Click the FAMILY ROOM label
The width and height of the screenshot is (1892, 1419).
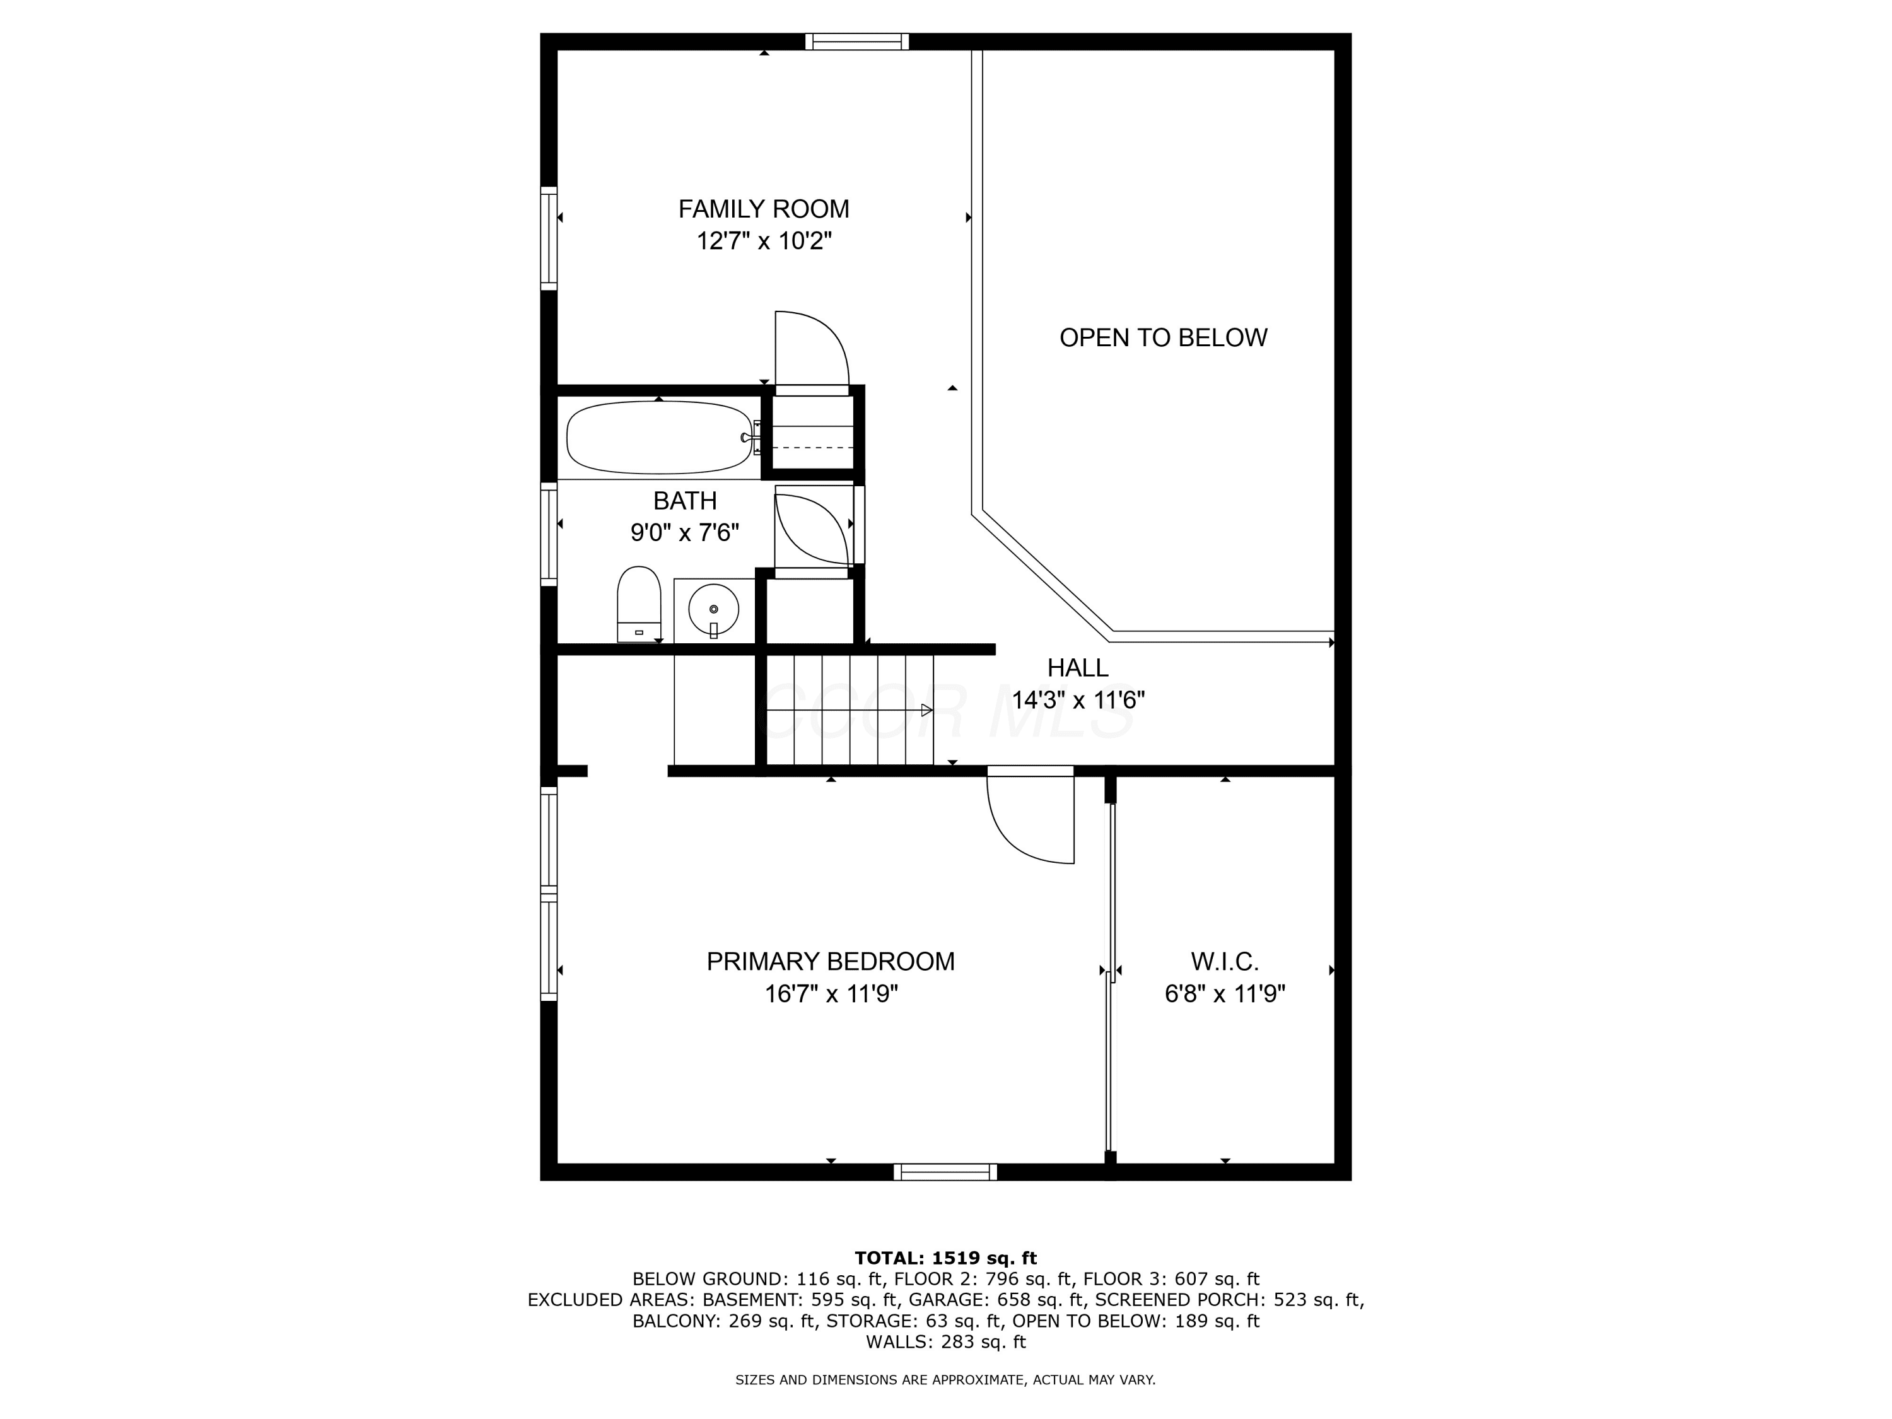pos(764,209)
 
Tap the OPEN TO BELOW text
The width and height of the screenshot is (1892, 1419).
pos(1163,338)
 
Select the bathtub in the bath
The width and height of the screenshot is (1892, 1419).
pos(660,437)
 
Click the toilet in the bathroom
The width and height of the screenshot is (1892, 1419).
pos(639,603)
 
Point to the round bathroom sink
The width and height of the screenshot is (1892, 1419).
pos(713,609)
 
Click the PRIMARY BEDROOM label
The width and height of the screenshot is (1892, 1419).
pos(831,961)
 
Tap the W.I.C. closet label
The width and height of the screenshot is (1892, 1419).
pos(1225,961)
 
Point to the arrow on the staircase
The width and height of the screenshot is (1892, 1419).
pos(926,710)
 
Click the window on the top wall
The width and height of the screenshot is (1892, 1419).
pos(857,42)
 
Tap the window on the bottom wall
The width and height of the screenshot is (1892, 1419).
pos(946,1172)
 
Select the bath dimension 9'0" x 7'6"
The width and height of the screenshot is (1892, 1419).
pos(685,533)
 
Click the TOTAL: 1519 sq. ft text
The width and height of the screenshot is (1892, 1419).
pos(945,1258)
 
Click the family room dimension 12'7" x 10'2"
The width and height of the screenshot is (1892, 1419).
pos(764,241)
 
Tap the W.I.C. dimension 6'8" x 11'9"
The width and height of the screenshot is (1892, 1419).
pos(1225,994)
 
